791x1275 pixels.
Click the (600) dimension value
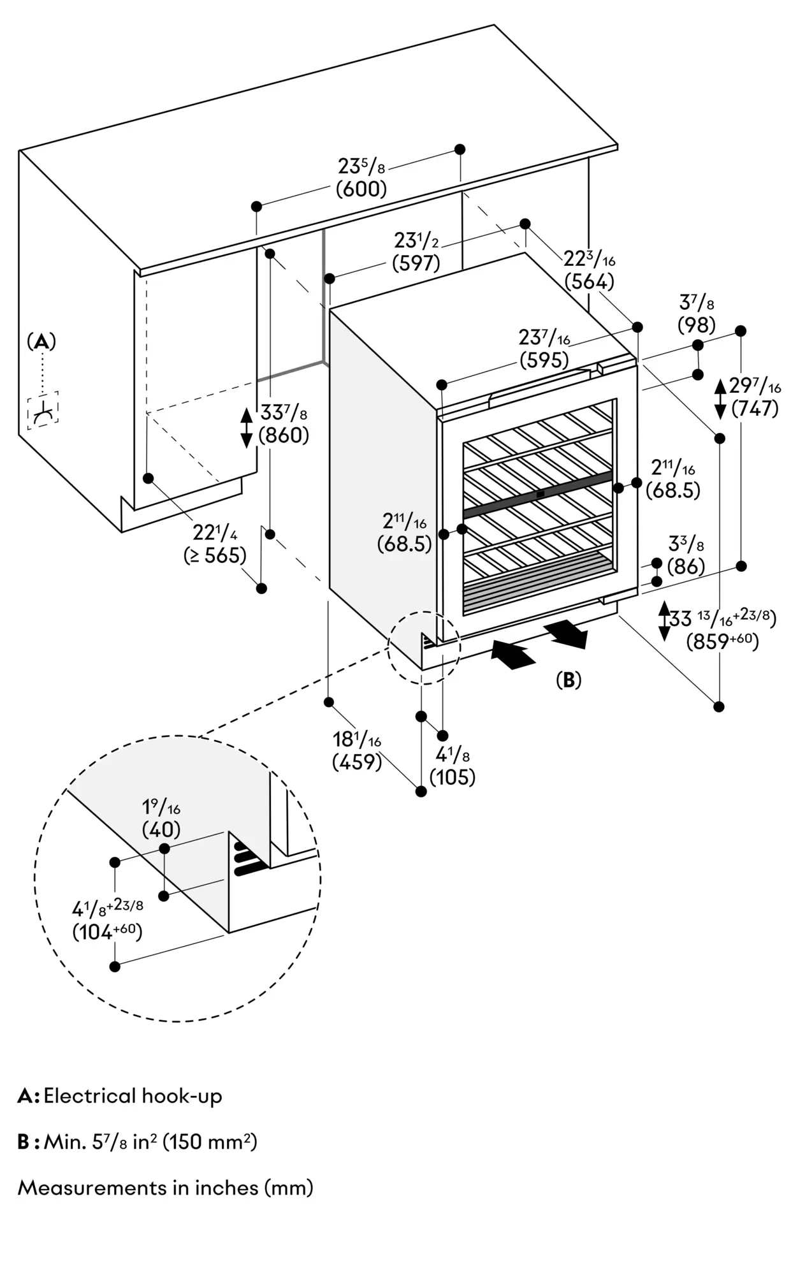click(361, 189)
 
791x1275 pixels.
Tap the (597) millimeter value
click(416, 263)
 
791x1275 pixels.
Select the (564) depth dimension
click(590, 281)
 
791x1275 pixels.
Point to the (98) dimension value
click(697, 324)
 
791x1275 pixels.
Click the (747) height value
click(755, 408)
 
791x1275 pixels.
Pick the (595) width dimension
click(544, 360)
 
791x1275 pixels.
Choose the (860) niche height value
click(284, 435)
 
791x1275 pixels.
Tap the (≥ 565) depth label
click(215, 555)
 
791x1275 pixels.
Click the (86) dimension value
click(686, 565)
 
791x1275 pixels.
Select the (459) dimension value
click(357, 761)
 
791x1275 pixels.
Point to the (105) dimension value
click(453, 777)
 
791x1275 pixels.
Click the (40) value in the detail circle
click(161, 829)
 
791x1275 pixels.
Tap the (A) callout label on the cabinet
click(41, 342)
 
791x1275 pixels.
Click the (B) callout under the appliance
click(569, 680)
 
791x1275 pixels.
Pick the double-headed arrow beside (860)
click(247, 427)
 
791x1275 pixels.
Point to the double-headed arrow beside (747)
click(720, 398)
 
